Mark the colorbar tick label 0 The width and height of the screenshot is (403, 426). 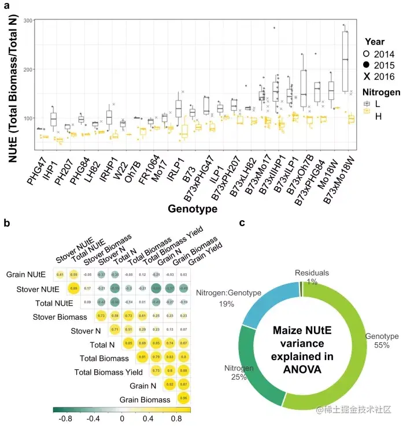point(122,419)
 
